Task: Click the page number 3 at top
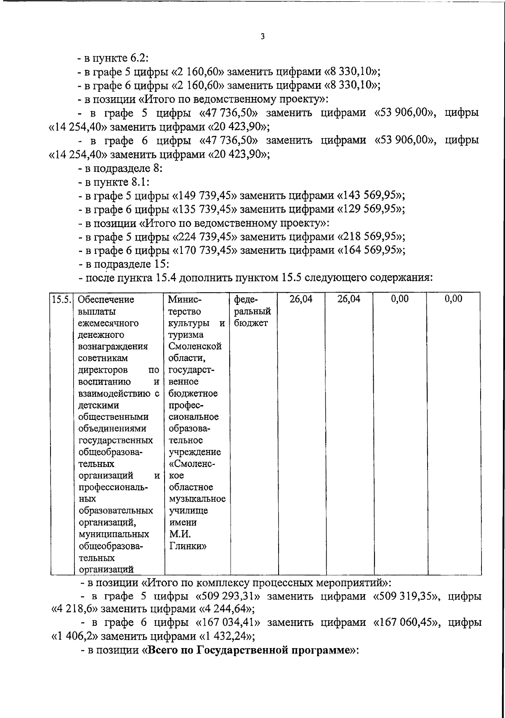[x=263, y=37]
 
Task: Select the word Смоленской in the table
[x=195, y=347]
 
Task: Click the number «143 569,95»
[x=371, y=195]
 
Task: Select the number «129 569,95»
[x=371, y=209]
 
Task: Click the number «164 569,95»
[x=371, y=251]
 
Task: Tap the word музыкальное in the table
[x=197, y=499]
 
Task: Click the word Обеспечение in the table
[x=106, y=299]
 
